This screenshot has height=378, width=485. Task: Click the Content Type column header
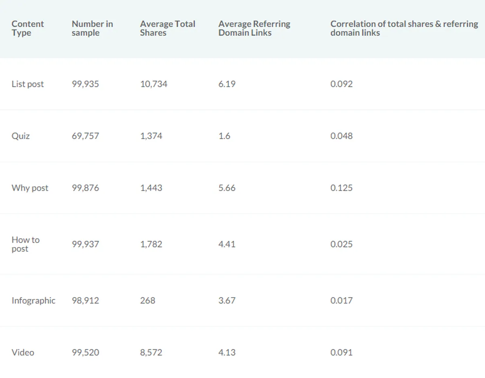[27, 28]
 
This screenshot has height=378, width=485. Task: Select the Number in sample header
[92, 28]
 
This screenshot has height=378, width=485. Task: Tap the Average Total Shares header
[168, 28]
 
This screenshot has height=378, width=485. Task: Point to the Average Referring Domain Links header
[254, 28]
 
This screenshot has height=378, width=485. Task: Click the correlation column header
[404, 28]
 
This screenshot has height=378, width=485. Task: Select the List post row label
[27, 84]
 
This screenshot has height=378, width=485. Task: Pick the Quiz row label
[21, 136]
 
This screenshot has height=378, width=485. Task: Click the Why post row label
[30, 188]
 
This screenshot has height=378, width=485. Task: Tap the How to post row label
[25, 244]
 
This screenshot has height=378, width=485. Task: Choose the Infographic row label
[34, 300]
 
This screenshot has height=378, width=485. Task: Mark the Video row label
[23, 352]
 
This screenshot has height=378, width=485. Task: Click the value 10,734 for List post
[154, 84]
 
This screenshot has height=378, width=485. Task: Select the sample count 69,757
[85, 136]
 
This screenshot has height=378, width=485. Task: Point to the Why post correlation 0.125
[342, 188]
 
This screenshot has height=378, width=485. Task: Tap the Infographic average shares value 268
[148, 300]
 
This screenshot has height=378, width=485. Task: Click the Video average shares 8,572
[151, 352]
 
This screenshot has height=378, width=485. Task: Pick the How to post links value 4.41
[227, 244]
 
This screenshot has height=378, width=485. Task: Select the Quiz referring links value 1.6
[224, 136]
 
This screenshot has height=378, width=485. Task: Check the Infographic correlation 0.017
[342, 300]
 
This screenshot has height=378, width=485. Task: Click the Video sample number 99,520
[85, 352]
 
